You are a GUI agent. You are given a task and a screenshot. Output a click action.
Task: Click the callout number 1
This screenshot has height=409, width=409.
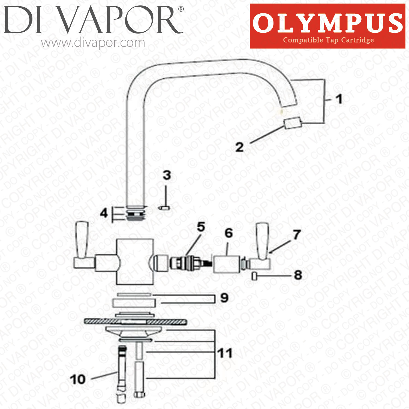coord(339,99)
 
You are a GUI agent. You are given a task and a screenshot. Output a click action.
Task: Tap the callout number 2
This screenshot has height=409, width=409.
coord(240,147)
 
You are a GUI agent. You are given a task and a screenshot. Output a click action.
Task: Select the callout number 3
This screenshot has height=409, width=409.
coord(167,175)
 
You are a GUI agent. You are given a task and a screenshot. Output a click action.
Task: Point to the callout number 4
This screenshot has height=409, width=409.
coord(104,213)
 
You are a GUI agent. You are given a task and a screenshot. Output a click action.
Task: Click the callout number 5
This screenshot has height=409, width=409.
coord(201,227)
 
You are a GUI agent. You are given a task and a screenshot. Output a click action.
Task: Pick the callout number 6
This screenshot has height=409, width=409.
coord(229,233)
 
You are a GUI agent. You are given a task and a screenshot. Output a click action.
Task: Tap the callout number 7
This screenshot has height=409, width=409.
coord(297,234)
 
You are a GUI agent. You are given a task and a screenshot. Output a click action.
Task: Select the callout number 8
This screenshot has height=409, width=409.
coord(298,275)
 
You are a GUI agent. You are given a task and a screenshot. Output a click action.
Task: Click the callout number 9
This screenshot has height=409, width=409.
coord(224,298)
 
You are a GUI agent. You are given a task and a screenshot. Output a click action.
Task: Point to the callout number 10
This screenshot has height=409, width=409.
coord(78,379)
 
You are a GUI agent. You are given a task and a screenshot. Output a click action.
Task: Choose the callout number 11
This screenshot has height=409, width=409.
coord(225,353)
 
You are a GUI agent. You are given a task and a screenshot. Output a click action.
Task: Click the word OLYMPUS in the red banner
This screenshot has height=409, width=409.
coord(327,23)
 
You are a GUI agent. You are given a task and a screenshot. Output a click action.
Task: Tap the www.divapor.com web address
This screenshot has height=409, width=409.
coord(93,43)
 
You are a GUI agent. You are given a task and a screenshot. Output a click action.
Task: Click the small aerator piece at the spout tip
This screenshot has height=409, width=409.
coord(293,123)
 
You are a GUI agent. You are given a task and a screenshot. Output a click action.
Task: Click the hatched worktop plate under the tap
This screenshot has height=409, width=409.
coord(135,322)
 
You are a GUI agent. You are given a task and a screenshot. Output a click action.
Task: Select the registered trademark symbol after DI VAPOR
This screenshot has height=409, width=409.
coord(181,9)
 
